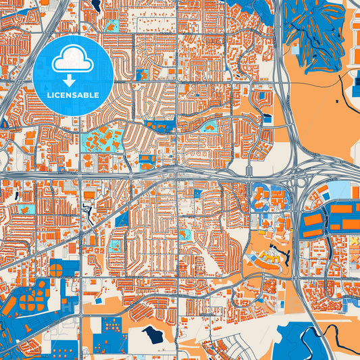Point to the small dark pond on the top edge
pyautogui.click(x=97, y=5)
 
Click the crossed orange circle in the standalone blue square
pyautogui.click(x=55, y=269)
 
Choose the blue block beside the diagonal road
pyautogui.click(x=122, y=218)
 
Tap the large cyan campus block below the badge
pyautogui.click(x=102, y=141)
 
